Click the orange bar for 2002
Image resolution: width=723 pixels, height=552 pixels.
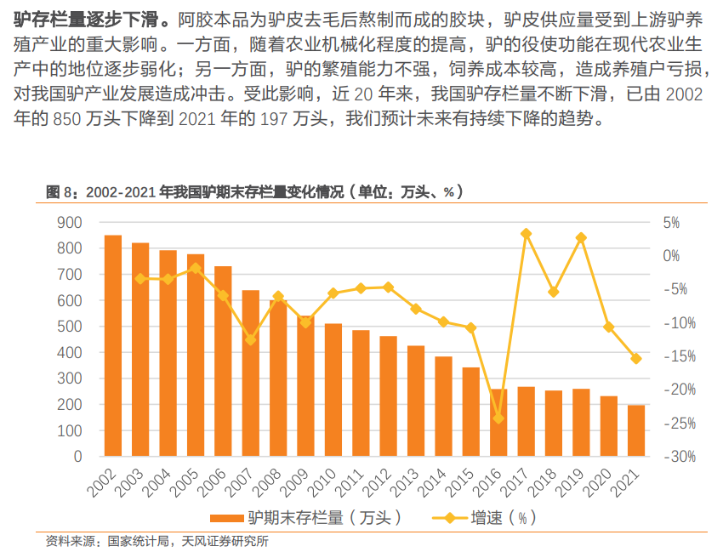click(113, 345)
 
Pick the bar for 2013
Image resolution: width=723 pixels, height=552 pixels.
click(416, 401)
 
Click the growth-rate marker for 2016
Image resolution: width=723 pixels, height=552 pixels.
click(499, 418)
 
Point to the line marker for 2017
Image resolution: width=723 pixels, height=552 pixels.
click(527, 233)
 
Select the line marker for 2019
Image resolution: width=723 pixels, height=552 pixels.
click(581, 238)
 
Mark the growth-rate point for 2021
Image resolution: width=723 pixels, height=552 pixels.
click(636, 358)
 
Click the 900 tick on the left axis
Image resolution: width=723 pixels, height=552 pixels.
click(70, 223)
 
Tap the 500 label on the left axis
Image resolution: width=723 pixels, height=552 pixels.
click(70, 327)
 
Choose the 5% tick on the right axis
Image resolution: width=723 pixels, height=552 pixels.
click(671, 223)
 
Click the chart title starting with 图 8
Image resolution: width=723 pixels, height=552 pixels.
click(255, 192)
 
